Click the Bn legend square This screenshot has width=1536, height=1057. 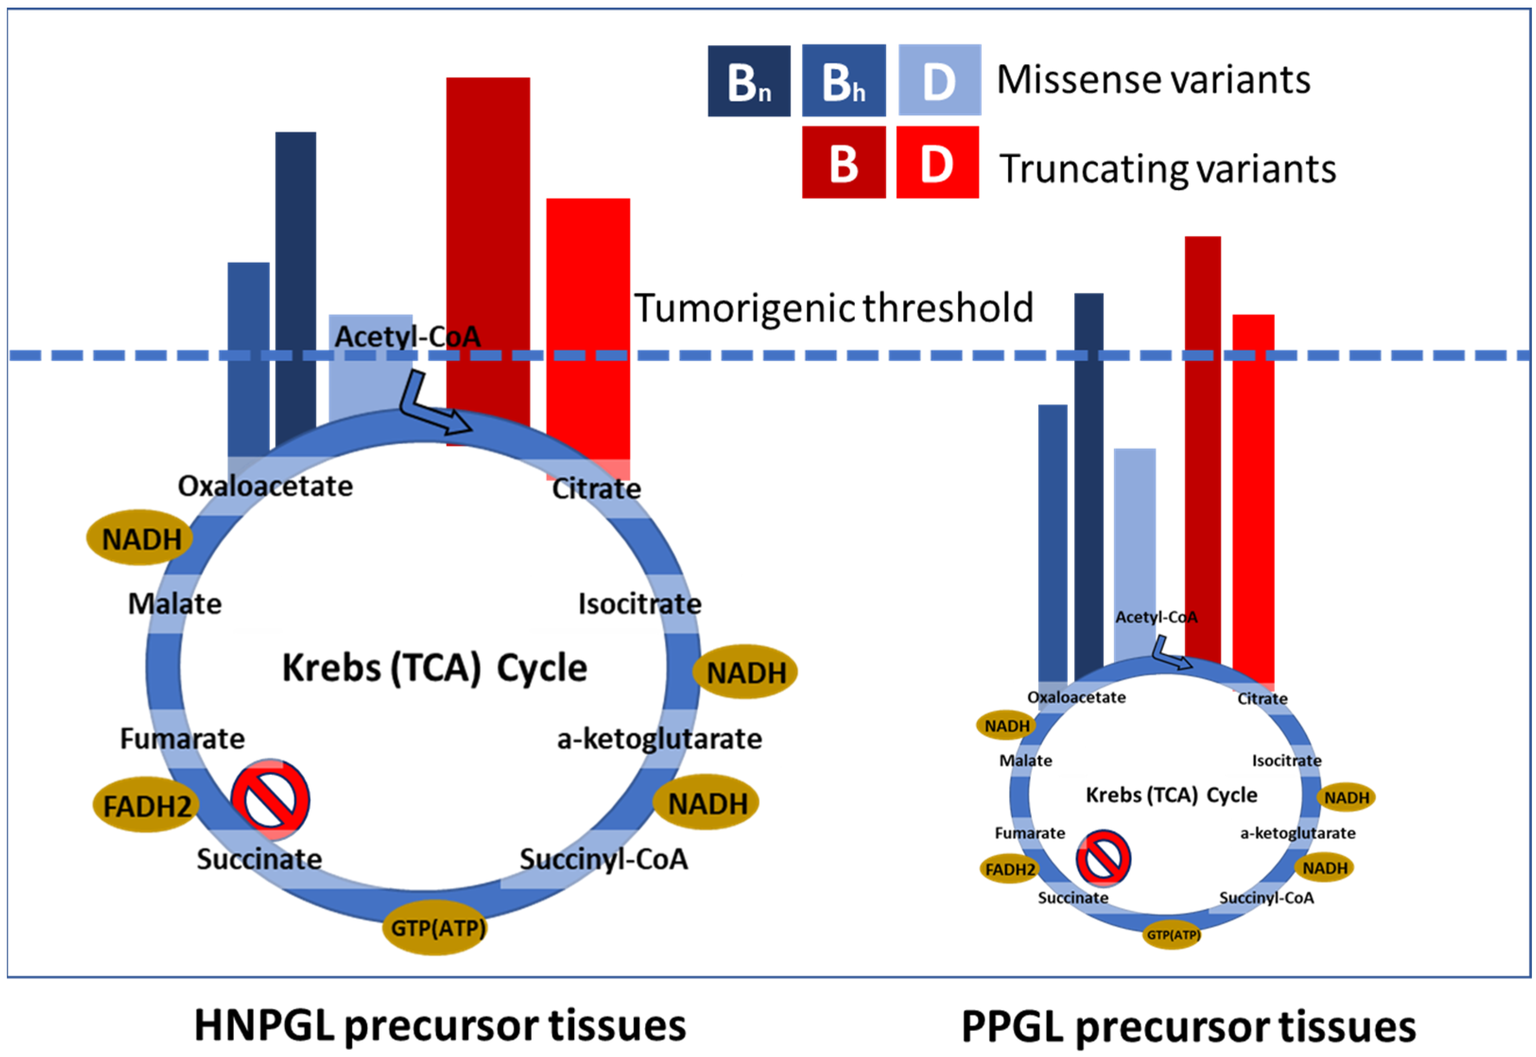(748, 81)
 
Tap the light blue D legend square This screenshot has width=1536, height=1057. (939, 80)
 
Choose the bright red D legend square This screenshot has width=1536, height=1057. (937, 162)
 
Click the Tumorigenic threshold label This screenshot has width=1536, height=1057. (833, 308)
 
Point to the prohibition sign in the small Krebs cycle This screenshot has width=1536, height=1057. (1103, 858)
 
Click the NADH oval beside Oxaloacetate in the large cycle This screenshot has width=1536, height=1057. (140, 538)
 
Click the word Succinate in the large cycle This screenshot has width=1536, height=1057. (259, 859)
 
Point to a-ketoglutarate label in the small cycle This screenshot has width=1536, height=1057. (1297, 833)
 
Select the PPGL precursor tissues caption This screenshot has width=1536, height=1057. (1188, 1026)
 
